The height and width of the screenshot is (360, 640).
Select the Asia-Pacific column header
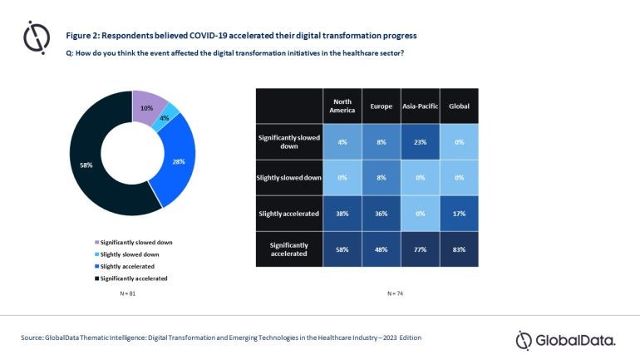click(x=420, y=105)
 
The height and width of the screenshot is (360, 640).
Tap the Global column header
click(x=459, y=105)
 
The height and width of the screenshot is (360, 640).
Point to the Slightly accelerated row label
click(x=288, y=213)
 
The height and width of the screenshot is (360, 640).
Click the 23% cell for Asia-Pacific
click(x=420, y=141)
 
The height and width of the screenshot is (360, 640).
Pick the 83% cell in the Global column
click(x=459, y=249)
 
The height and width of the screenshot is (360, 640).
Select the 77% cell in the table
click(x=420, y=249)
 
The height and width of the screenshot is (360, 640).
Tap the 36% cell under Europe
click(x=381, y=213)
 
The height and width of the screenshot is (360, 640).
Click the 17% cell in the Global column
click(x=459, y=213)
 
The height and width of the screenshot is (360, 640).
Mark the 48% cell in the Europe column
click(x=381, y=249)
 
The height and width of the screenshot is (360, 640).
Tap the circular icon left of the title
click(x=37, y=38)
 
